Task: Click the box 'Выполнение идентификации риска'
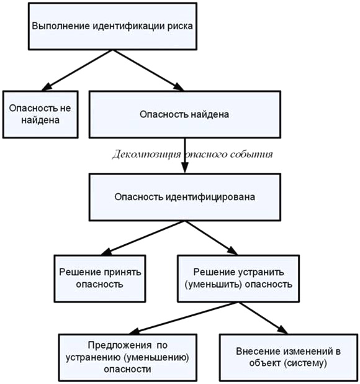pos(112,26)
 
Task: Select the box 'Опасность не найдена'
pos(40,114)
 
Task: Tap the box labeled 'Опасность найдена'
pos(184,114)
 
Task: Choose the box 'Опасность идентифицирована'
pos(184,197)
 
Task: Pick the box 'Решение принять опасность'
pos(100,278)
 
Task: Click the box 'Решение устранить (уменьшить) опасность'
pos(238,278)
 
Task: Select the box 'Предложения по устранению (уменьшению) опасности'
pos(127,357)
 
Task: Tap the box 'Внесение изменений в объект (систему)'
pos(289,357)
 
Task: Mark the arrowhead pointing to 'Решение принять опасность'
pos(106,252)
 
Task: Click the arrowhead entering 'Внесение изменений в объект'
pos(282,330)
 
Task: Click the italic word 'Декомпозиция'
pos(146,155)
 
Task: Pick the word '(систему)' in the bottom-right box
pos(306,363)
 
